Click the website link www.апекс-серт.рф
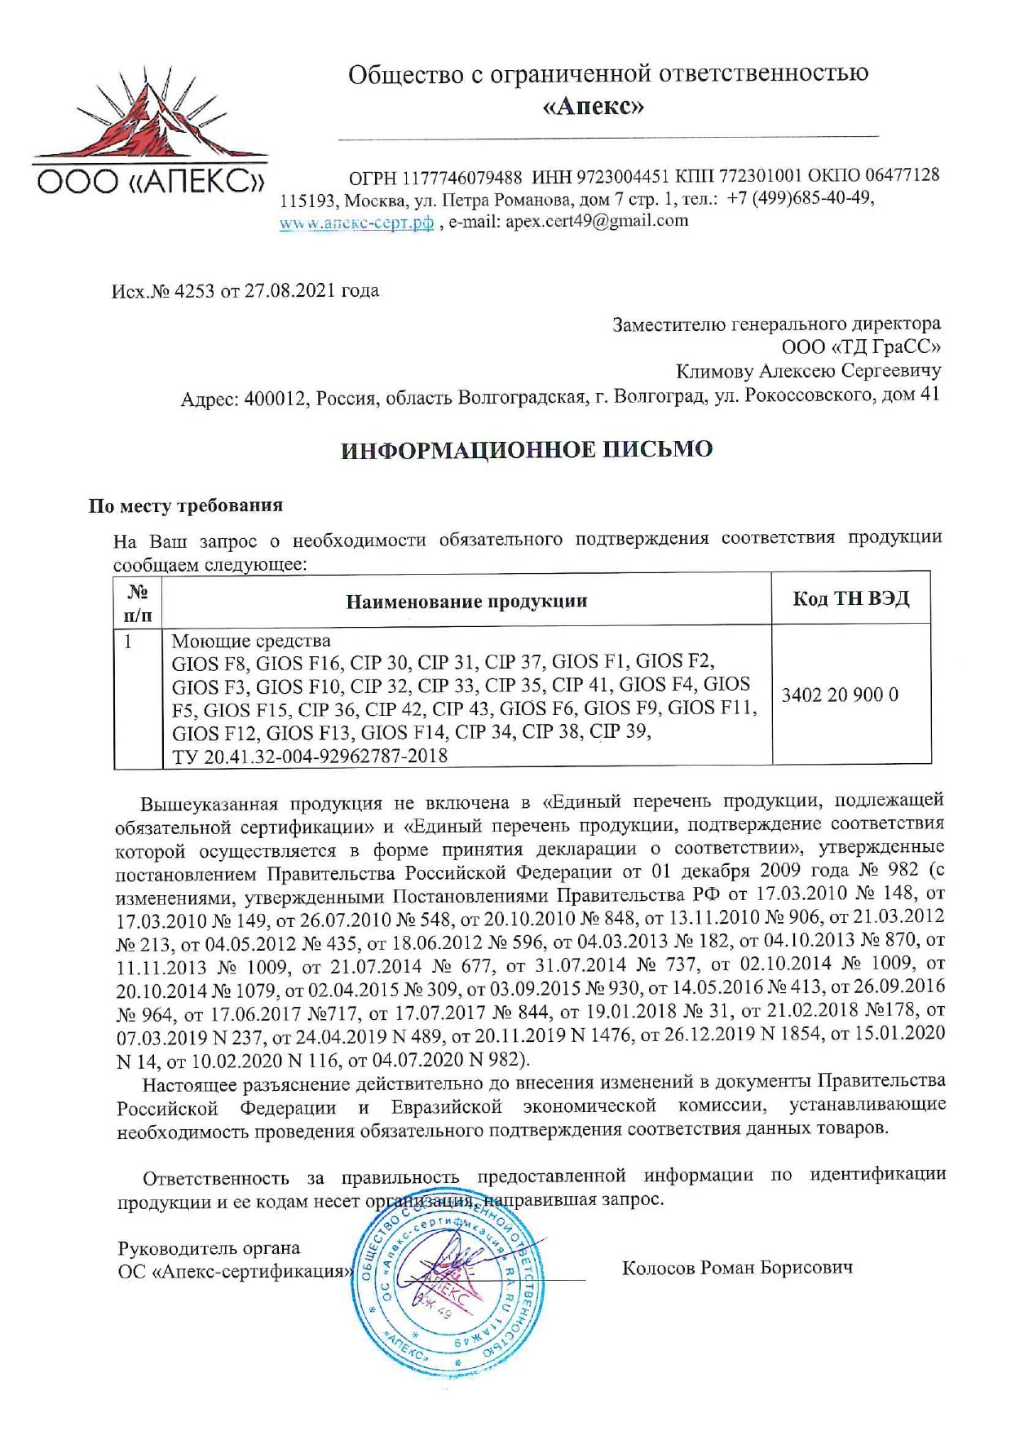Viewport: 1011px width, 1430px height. click(x=356, y=223)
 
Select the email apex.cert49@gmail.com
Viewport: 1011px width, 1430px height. click(x=597, y=221)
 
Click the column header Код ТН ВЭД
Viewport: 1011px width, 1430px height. click(x=850, y=599)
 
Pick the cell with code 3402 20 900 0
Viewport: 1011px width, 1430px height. click(x=840, y=695)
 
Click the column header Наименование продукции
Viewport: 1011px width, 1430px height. click(x=466, y=602)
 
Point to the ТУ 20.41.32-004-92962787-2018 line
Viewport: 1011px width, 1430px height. click(x=310, y=756)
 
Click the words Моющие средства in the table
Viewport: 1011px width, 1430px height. click(x=251, y=640)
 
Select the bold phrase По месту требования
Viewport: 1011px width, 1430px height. click(x=186, y=505)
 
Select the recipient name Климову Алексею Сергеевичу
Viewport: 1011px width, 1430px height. click(x=808, y=372)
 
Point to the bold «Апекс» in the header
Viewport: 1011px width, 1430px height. click(x=593, y=107)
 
